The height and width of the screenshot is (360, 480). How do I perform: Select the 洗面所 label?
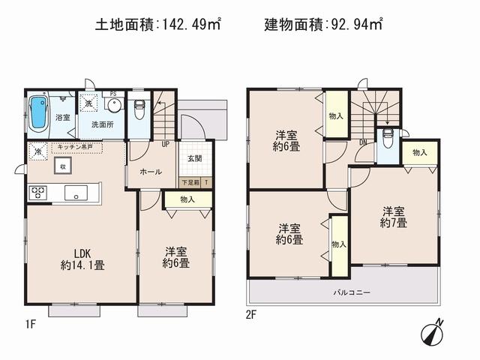point(102,124)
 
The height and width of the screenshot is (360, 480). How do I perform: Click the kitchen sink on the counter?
point(76,193)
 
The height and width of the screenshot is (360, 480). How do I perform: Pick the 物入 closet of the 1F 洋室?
point(187,199)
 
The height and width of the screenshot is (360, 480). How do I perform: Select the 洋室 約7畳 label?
point(394,217)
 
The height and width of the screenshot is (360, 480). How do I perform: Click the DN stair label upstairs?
point(363,143)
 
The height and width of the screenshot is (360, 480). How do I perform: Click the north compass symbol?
point(433,329)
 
